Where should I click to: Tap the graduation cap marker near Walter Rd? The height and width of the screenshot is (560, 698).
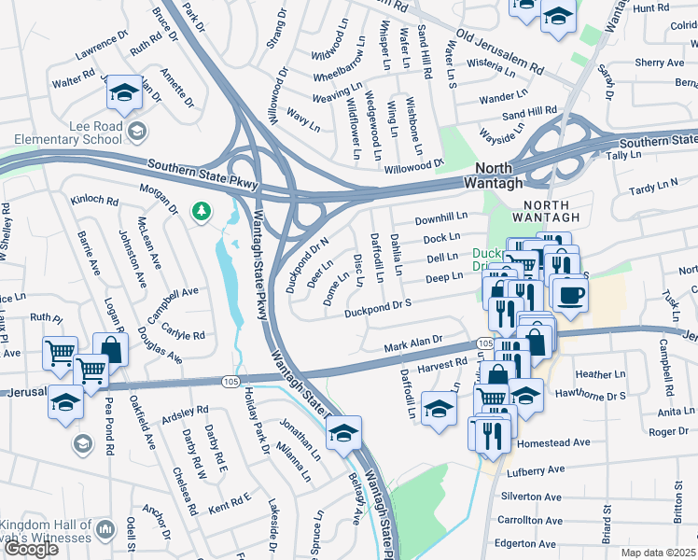click(123, 93)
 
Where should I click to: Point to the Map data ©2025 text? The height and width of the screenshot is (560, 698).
click(659, 553)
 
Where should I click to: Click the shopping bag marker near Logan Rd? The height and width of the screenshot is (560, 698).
click(110, 351)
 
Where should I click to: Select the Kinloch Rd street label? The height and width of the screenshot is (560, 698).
click(94, 200)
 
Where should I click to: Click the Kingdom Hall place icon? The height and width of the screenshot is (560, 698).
click(105, 530)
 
